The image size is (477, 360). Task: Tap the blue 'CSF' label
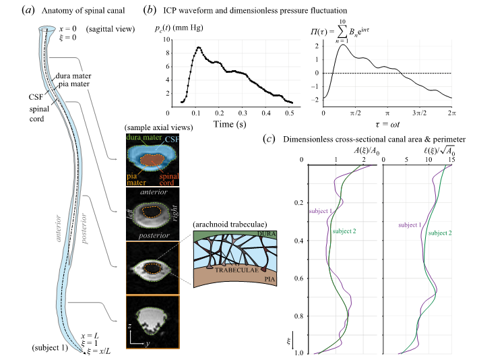pos(172,139)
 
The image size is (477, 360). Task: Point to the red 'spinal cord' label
pos(169,177)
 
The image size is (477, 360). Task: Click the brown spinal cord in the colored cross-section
pos(154,161)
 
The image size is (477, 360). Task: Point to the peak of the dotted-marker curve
pos(199,48)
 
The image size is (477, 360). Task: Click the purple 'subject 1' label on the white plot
pos(321,211)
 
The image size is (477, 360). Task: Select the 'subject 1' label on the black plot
pos(410,224)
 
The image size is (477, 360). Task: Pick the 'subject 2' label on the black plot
pos(440,233)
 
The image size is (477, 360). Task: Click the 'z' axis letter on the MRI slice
pos(131,324)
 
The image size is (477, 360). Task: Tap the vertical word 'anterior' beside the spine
pos(59,229)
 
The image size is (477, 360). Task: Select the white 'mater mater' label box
pos(81,80)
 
